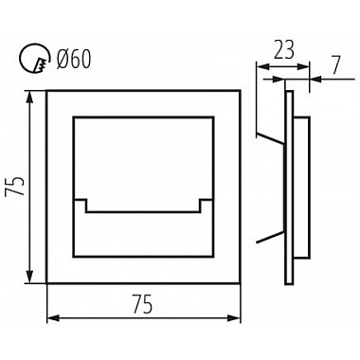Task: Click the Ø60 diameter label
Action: point(74,60)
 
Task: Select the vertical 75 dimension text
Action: point(15,187)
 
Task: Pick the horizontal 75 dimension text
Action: point(142,304)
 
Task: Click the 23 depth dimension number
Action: point(283,50)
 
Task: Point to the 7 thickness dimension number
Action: point(336,65)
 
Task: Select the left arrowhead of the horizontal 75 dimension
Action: point(54,318)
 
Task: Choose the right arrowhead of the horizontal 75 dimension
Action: point(233,318)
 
